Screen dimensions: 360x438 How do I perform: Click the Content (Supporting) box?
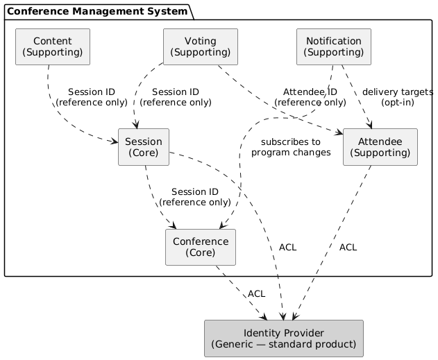(53, 46)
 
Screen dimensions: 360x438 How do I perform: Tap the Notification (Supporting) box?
(333, 46)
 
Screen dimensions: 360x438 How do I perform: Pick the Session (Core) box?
(144, 147)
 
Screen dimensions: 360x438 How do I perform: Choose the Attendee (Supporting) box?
(380, 147)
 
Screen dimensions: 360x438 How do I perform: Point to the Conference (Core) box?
(201, 247)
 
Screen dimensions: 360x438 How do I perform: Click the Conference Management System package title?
(98, 11)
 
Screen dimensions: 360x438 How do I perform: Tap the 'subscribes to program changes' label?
(291, 147)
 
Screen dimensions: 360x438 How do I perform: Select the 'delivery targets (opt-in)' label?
(397, 96)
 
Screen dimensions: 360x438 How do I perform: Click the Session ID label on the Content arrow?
(90, 96)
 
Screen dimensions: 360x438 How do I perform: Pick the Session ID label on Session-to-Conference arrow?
(194, 197)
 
